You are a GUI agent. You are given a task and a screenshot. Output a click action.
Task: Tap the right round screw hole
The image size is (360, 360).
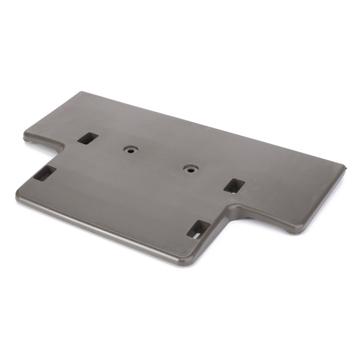point(189,169)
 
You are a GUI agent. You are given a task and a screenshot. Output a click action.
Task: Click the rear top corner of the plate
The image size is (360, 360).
point(78,92)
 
